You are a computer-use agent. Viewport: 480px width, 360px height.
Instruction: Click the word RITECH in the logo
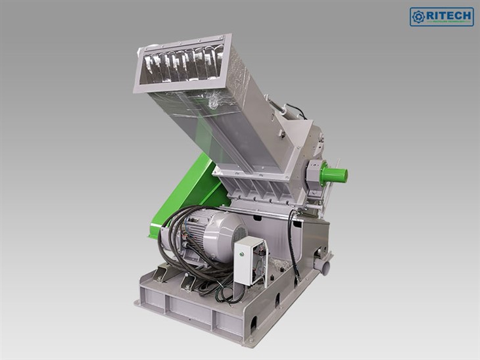pos(450,14)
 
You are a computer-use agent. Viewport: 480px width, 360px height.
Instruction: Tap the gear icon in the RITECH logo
pos(419,16)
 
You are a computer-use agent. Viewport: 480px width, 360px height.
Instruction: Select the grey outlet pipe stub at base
pos(322,266)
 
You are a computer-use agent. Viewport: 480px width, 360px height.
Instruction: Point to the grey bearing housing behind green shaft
pos(315,174)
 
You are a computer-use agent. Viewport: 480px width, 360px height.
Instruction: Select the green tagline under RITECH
pos(450,22)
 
